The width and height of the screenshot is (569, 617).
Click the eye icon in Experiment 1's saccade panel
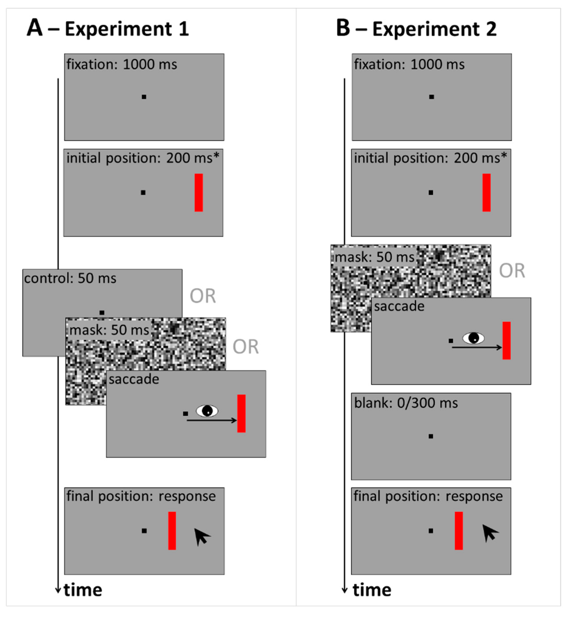(x=207, y=411)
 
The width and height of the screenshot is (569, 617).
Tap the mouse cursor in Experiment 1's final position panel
(x=202, y=537)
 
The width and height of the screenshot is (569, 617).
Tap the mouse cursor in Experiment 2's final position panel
(x=489, y=533)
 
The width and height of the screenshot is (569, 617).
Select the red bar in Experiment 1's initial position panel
(x=199, y=193)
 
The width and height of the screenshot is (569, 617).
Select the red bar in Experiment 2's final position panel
(x=459, y=531)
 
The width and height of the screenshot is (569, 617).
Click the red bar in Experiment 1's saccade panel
(x=241, y=413)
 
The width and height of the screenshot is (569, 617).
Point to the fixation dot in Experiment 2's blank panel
(x=431, y=436)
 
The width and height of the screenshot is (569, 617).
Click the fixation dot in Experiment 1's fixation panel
(x=144, y=97)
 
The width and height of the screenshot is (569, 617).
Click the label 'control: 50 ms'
(x=70, y=278)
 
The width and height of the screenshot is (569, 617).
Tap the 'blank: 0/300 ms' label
(x=406, y=403)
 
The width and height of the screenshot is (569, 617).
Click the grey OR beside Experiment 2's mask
(x=512, y=271)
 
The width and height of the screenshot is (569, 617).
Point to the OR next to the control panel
(x=203, y=296)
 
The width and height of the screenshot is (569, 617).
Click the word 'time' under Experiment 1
(x=83, y=590)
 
